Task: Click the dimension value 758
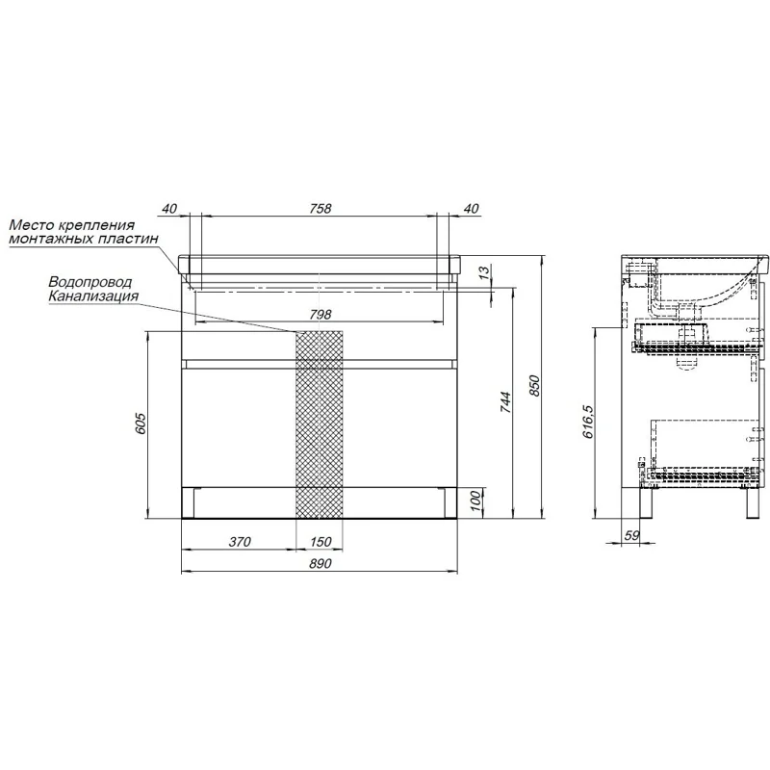point(321,208)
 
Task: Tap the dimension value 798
point(321,314)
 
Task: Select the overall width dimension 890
point(321,563)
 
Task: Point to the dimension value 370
point(240,542)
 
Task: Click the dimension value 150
point(321,542)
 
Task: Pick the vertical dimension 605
point(141,423)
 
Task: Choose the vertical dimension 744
point(506,402)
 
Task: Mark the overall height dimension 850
point(534,386)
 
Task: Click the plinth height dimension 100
point(475,500)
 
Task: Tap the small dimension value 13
point(484,271)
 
